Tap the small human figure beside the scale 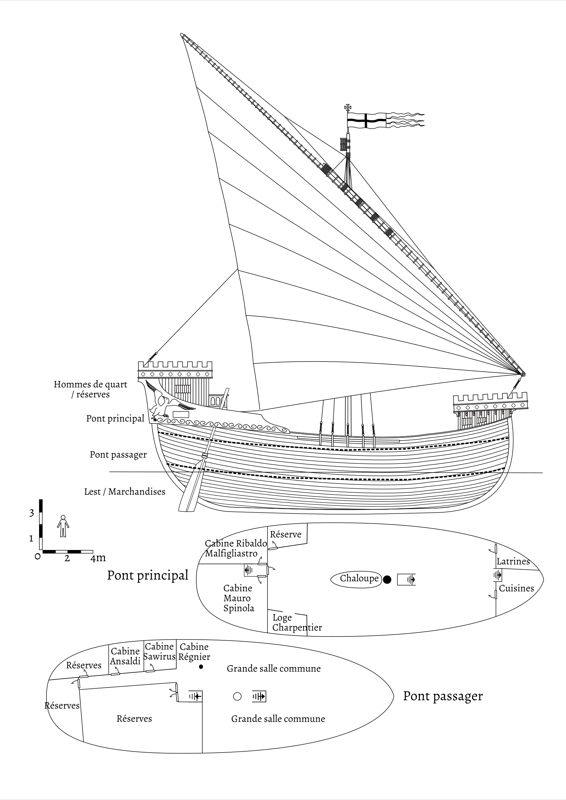click(63, 526)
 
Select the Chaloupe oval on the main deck click(356, 579)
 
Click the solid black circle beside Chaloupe click(387, 580)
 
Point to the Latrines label click(513, 561)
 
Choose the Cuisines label click(516, 588)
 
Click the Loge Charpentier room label click(297, 622)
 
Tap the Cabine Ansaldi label click(125, 656)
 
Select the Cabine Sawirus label click(159, 652)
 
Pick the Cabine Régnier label click(194, 652)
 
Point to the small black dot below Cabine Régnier click(201, 667)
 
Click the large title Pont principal click(147, 575)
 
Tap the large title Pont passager click(443, 696)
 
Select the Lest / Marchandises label click(125, 492)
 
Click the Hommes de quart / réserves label click(90, 389)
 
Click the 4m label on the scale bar click(98, 558)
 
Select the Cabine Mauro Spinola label click(238, 598)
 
